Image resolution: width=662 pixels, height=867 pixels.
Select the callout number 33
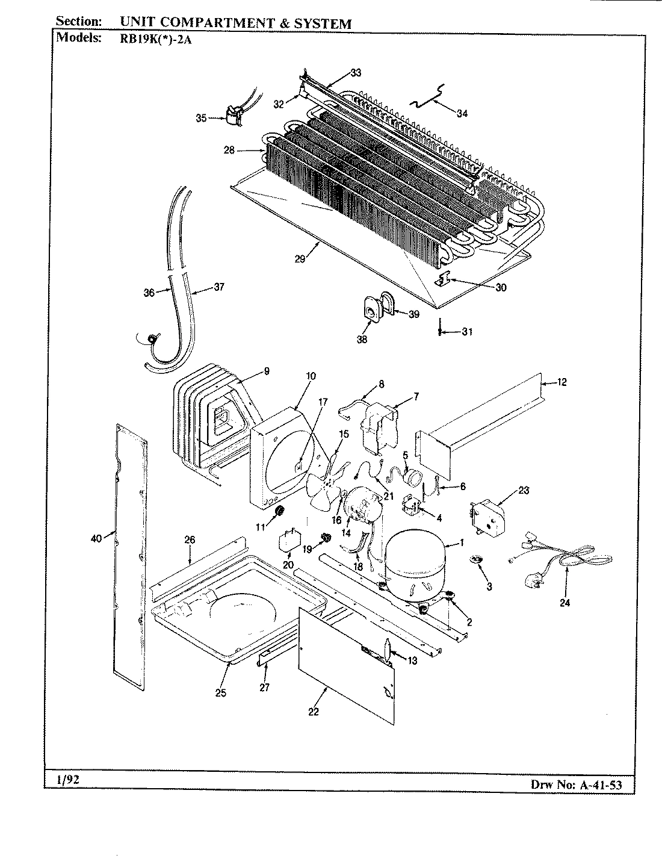(x=356, y=73)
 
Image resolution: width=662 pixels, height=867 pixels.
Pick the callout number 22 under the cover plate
(x=313, y=712)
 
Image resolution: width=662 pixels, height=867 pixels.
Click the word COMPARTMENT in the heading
(x=216, y=24)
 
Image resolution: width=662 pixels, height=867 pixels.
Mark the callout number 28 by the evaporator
(x=229, y=151)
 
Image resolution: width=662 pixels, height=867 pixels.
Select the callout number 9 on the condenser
(x=267, y=370)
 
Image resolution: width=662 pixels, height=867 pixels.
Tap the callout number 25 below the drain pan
(x=220, y=693)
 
